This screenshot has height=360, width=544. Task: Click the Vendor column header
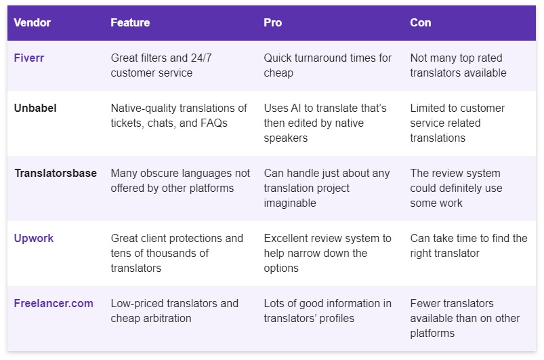coord(33,22)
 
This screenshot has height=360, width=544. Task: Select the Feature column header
coord(130,22)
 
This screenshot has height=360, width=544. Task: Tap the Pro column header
coord(273,22)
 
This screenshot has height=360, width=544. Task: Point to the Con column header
coord(421,22)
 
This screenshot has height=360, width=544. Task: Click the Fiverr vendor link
coord(29,58)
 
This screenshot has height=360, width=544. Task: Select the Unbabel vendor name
coord(35,108)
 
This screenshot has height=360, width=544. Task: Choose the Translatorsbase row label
coord(56,173)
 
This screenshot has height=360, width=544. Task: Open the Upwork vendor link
coord(34,238)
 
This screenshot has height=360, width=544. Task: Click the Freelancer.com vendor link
coord(54,303)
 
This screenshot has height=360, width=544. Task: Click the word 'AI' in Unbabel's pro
coord(296,108)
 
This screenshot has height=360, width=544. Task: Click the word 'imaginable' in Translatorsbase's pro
coord(290,203)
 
